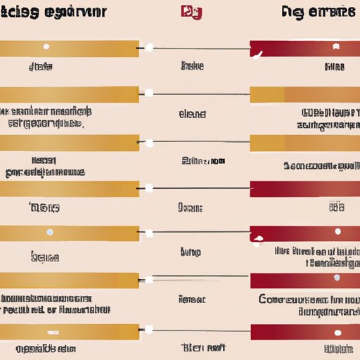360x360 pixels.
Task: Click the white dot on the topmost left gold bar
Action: click(46, 47)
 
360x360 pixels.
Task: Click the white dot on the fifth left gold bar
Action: click(49, 232)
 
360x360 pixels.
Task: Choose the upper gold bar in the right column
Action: click(304, 95)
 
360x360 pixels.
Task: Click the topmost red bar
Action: click(304, 49)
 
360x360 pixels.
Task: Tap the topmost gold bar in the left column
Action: click(69, 49)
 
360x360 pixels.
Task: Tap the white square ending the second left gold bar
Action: click(148, 94)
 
